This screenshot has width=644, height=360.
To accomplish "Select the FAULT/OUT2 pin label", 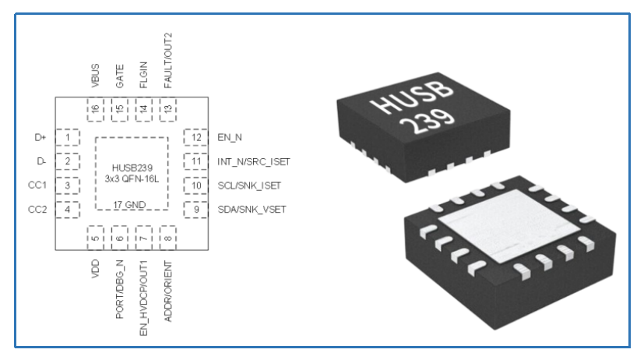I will click(167, 65).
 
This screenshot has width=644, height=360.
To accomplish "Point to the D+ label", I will click(41, 138).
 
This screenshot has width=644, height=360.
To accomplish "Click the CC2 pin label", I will click(38, 209).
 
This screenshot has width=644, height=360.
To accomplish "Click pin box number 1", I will click(69, 138).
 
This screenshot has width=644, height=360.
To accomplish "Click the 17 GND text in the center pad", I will click(131, 203).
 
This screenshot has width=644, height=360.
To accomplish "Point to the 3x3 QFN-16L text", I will click(131, 178).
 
